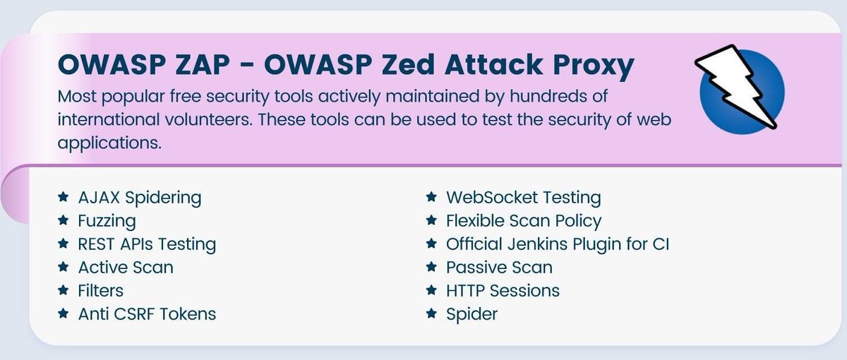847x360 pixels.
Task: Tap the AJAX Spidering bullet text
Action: click(139, 198)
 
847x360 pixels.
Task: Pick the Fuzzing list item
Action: click(107, 221)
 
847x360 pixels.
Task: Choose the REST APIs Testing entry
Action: click(147, 244)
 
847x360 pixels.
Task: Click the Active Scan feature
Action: click(125, 267)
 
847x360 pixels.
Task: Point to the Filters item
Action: click(101, 290)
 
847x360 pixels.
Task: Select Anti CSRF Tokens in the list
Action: click(147, 313)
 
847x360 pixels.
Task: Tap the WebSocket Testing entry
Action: click(523, 198)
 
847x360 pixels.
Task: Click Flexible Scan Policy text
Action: click(524, 221)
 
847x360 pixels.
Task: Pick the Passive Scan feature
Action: click(499, 267)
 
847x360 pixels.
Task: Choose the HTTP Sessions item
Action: click(503, 290)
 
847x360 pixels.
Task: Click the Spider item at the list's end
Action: click(471, 313)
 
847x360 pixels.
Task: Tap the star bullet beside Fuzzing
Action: click(64, 221)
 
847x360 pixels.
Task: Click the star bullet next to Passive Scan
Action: click(431, 267)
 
